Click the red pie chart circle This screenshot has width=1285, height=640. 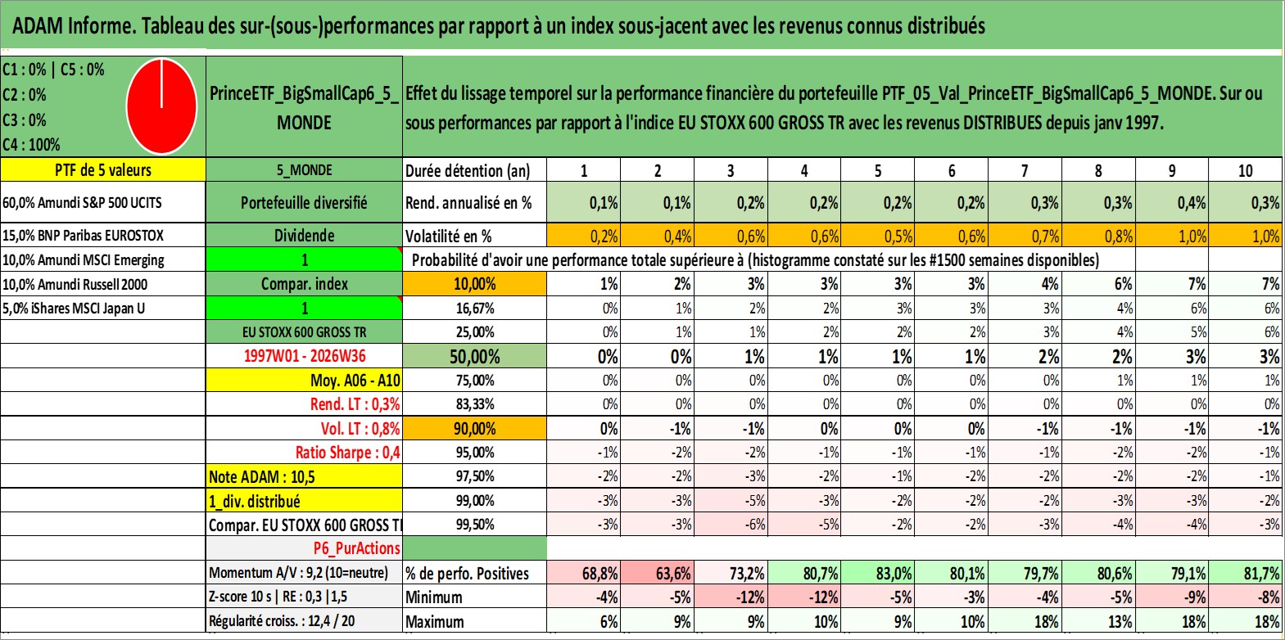162,106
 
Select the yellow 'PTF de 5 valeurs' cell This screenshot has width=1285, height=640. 103,169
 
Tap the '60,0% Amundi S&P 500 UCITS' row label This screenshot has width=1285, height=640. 83,202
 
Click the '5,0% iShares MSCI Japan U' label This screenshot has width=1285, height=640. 74,309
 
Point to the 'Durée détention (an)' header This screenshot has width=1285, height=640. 468,170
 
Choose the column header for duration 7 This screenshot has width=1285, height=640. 1025,170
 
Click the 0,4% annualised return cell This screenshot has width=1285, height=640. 1172,202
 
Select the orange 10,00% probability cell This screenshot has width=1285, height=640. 475,284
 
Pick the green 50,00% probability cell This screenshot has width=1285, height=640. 475,356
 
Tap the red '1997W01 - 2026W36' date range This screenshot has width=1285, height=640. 305,356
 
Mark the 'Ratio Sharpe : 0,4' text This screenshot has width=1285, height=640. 347,453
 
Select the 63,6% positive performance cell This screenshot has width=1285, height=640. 658,573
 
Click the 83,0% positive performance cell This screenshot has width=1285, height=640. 878,573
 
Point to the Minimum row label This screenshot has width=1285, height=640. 434,597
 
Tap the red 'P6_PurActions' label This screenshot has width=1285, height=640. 357,548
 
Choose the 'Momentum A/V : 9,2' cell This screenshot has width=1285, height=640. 298,573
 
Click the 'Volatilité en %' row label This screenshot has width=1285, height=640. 449,236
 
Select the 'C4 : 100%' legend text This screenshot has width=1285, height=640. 32,145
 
